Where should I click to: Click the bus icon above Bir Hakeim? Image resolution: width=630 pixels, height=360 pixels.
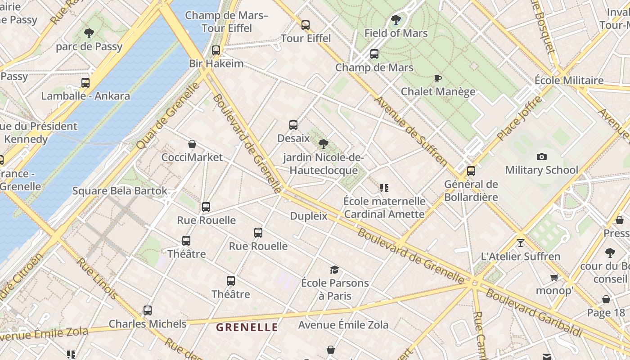216,50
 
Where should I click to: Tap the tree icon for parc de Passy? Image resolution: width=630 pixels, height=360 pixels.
89,33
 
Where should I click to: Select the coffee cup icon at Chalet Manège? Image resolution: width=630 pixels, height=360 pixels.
437,79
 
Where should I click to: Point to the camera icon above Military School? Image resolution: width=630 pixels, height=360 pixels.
542,157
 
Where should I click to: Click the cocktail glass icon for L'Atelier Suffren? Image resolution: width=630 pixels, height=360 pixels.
521,243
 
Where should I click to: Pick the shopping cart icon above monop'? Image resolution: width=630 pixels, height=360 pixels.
554,277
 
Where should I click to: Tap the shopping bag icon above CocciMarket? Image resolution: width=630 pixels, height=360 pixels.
192,144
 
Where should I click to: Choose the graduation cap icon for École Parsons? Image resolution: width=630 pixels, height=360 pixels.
334,270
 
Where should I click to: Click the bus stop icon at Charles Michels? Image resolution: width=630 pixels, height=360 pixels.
148,310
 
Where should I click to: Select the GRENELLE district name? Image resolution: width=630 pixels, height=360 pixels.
247,327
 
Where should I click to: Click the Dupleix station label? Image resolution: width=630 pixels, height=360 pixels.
309,216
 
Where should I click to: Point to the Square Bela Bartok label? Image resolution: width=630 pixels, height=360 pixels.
120,191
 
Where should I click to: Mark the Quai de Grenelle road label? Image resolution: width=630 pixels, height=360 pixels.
167,116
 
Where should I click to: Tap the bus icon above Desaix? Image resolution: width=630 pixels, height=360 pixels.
293,125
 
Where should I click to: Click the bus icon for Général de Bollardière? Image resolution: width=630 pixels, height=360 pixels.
471,171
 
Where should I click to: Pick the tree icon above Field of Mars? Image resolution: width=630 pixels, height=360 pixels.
396,20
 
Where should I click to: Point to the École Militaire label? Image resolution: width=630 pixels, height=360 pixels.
569,81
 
